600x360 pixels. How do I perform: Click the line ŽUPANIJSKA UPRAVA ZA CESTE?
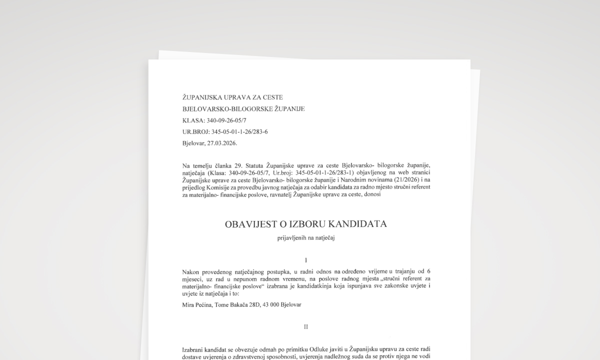pos(232,97)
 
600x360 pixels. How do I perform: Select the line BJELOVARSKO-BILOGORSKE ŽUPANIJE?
pos(243,109)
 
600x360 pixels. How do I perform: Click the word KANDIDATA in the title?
pos(359,224)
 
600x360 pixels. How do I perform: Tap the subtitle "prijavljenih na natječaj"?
pos(305,238)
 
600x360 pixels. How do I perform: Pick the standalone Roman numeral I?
pos(305,260)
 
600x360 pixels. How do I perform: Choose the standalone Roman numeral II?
pos(305,327)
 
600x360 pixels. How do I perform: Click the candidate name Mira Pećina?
pos(197,304)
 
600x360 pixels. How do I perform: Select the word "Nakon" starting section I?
pos(191,271)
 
